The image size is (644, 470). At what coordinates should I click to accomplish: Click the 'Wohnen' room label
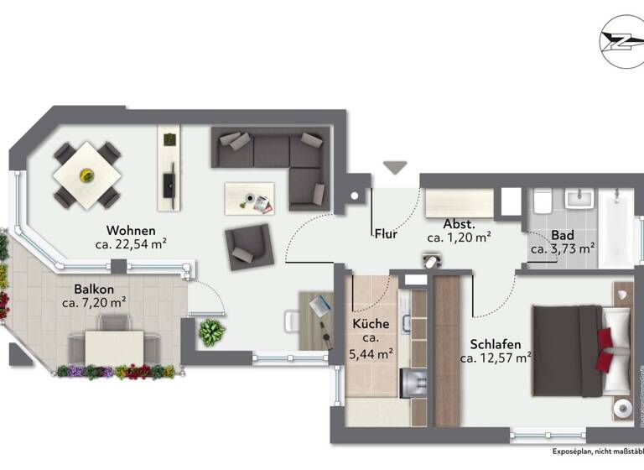click(130, 230)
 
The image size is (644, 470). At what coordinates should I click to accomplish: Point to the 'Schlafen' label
click(496, 344)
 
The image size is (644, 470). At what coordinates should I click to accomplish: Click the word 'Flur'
click(385, 235)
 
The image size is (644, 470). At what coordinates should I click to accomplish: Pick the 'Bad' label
click(562, 235)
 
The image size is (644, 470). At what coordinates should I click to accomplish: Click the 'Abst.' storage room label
click(460, 224)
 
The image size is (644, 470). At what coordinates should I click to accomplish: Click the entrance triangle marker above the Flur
click(392, 168)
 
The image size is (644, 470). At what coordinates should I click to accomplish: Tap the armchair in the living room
click(248, 246)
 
